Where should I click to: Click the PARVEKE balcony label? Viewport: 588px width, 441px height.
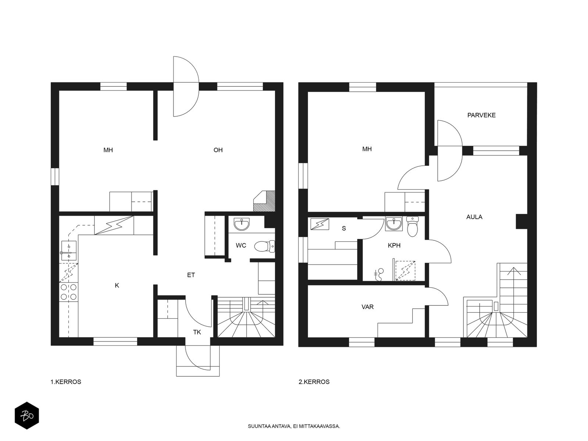click(x=481, y=115)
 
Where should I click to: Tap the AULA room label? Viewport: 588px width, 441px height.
click(x=474, y=217)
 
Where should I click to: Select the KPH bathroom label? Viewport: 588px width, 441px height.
click(x=394, y=245)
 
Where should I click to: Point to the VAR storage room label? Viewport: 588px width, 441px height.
click(x=367, y=307)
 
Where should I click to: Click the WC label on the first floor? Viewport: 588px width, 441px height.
click(x=241, y=245)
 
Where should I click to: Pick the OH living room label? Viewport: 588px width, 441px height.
click(x=218, y=150)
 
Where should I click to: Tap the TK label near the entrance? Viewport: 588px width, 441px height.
click(x=197, y=332)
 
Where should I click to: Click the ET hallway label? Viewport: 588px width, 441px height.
click(x=191, y=275)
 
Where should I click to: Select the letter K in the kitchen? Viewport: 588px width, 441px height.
click(x=117, y=286)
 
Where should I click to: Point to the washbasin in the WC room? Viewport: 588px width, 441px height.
click(x=241, y=224)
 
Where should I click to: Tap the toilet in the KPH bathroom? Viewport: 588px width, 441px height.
click(x=412, y=226)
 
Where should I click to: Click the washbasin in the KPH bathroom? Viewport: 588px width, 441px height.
click(x=394, y=224)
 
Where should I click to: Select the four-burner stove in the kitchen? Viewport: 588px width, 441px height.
click(x=69, y=292)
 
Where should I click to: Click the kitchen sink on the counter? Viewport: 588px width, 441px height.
click(x=69, y=250)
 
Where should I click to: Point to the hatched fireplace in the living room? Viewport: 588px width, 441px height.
click(x=264, y=201)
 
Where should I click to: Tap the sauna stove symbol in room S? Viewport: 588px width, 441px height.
click(x=320, y=224)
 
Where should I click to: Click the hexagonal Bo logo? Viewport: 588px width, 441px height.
click(x=27, y=415)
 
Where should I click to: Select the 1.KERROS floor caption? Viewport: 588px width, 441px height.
click(x=66, y=382)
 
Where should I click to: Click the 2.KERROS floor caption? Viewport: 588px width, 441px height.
click(x=314, y=382)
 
